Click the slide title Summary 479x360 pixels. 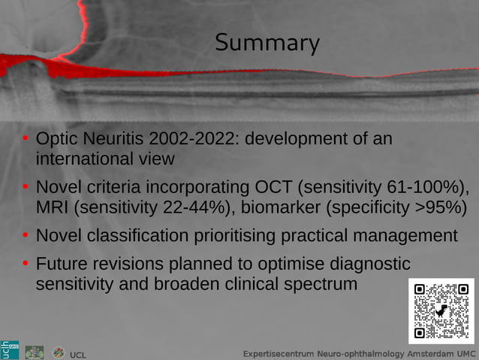click(267, 43)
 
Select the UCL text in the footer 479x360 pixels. click(78, 354)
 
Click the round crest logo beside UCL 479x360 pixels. click(59, 352)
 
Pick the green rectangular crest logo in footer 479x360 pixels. click(35, 352)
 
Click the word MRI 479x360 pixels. click(54, 207)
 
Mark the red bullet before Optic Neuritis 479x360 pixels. click(26, 140)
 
